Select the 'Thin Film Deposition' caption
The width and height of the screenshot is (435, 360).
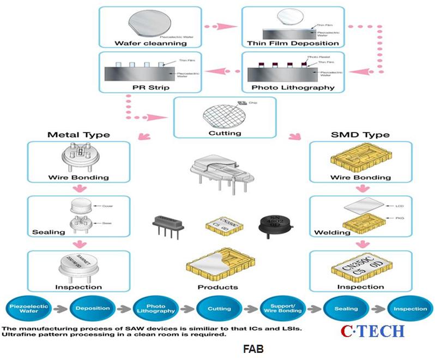(x=293, y=43)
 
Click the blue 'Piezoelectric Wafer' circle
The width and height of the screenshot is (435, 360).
(x=29, y=309)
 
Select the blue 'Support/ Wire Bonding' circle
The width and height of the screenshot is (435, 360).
(x=282, y=309)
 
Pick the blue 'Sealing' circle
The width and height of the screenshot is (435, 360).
(x=346, y=309)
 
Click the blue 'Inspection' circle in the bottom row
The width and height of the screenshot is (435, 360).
(x=409, y=309)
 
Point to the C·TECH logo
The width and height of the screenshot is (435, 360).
(x=373, y=331)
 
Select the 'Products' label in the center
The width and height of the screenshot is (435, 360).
(x=218, y=287)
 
